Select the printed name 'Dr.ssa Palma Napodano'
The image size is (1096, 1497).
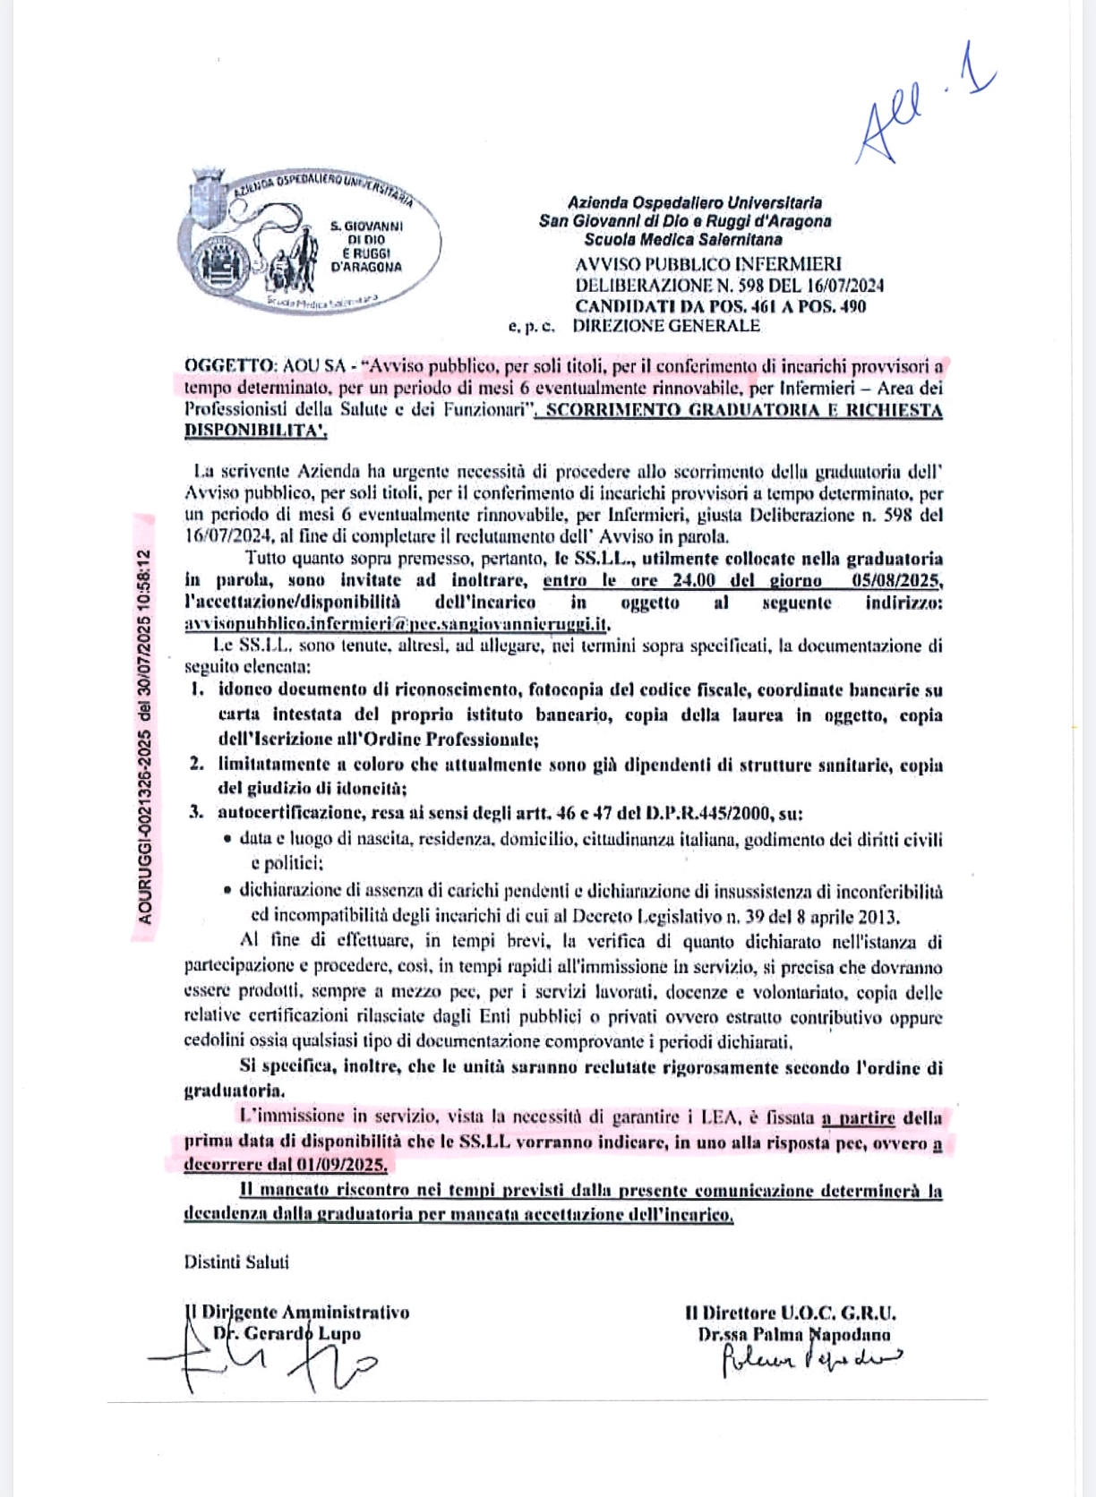(x=794, y=1334)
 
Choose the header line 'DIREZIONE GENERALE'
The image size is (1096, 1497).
(x=666, y=326)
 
